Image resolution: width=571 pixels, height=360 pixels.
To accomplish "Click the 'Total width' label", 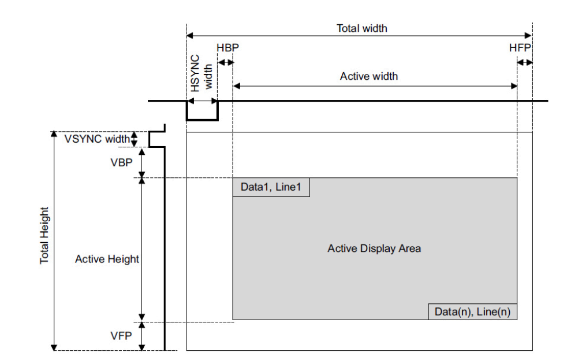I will click(x=361, y=28).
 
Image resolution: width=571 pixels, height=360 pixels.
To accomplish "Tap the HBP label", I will click(x=227, y=47).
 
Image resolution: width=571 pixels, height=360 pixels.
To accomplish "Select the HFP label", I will click(x=520, y=47).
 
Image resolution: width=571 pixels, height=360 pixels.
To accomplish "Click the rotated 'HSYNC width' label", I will click(x=201, y=73).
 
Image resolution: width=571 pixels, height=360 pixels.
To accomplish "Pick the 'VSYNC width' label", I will click(x=97, y=139).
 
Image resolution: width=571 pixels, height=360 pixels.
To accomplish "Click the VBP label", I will click(x=120, y=162).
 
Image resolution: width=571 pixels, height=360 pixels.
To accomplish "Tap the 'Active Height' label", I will click(x=107, y=259).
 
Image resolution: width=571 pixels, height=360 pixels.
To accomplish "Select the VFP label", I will click(x=120, y=335).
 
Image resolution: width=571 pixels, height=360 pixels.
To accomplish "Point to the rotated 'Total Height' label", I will click(x=45, y=236).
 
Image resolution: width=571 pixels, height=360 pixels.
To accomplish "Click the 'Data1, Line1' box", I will click(x=271, y=187).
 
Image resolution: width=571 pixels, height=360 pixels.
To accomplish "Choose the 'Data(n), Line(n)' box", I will click(x=472, y=311).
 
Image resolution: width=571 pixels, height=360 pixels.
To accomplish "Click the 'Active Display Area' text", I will click(x=374, y=248).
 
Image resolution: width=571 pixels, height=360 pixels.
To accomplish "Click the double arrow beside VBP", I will click(x=141, y=162).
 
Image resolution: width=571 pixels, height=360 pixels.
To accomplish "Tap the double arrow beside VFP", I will click(x=141, y=336).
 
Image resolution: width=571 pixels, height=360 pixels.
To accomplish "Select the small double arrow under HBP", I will click(x=225, y=62).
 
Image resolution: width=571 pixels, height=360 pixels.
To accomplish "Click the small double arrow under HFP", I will click(x=525, y=62).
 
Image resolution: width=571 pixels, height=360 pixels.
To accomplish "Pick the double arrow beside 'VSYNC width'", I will click(x=135, y=139).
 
